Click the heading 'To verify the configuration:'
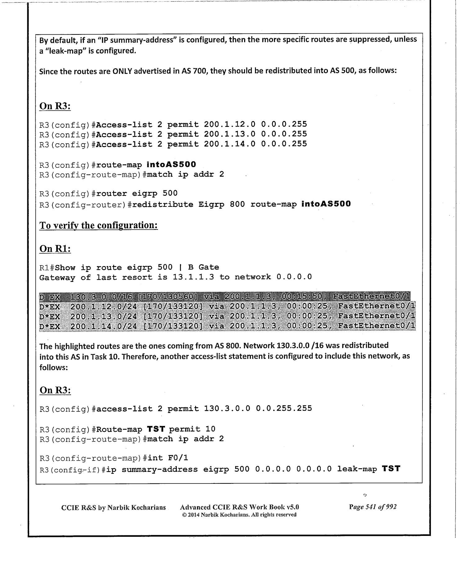point(99,225)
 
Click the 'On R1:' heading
point(55,249)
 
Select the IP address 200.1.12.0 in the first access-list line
point(230,124)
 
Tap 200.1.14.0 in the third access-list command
point(230,144)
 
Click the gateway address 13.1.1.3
point(193,277)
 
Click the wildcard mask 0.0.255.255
point(284,408)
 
